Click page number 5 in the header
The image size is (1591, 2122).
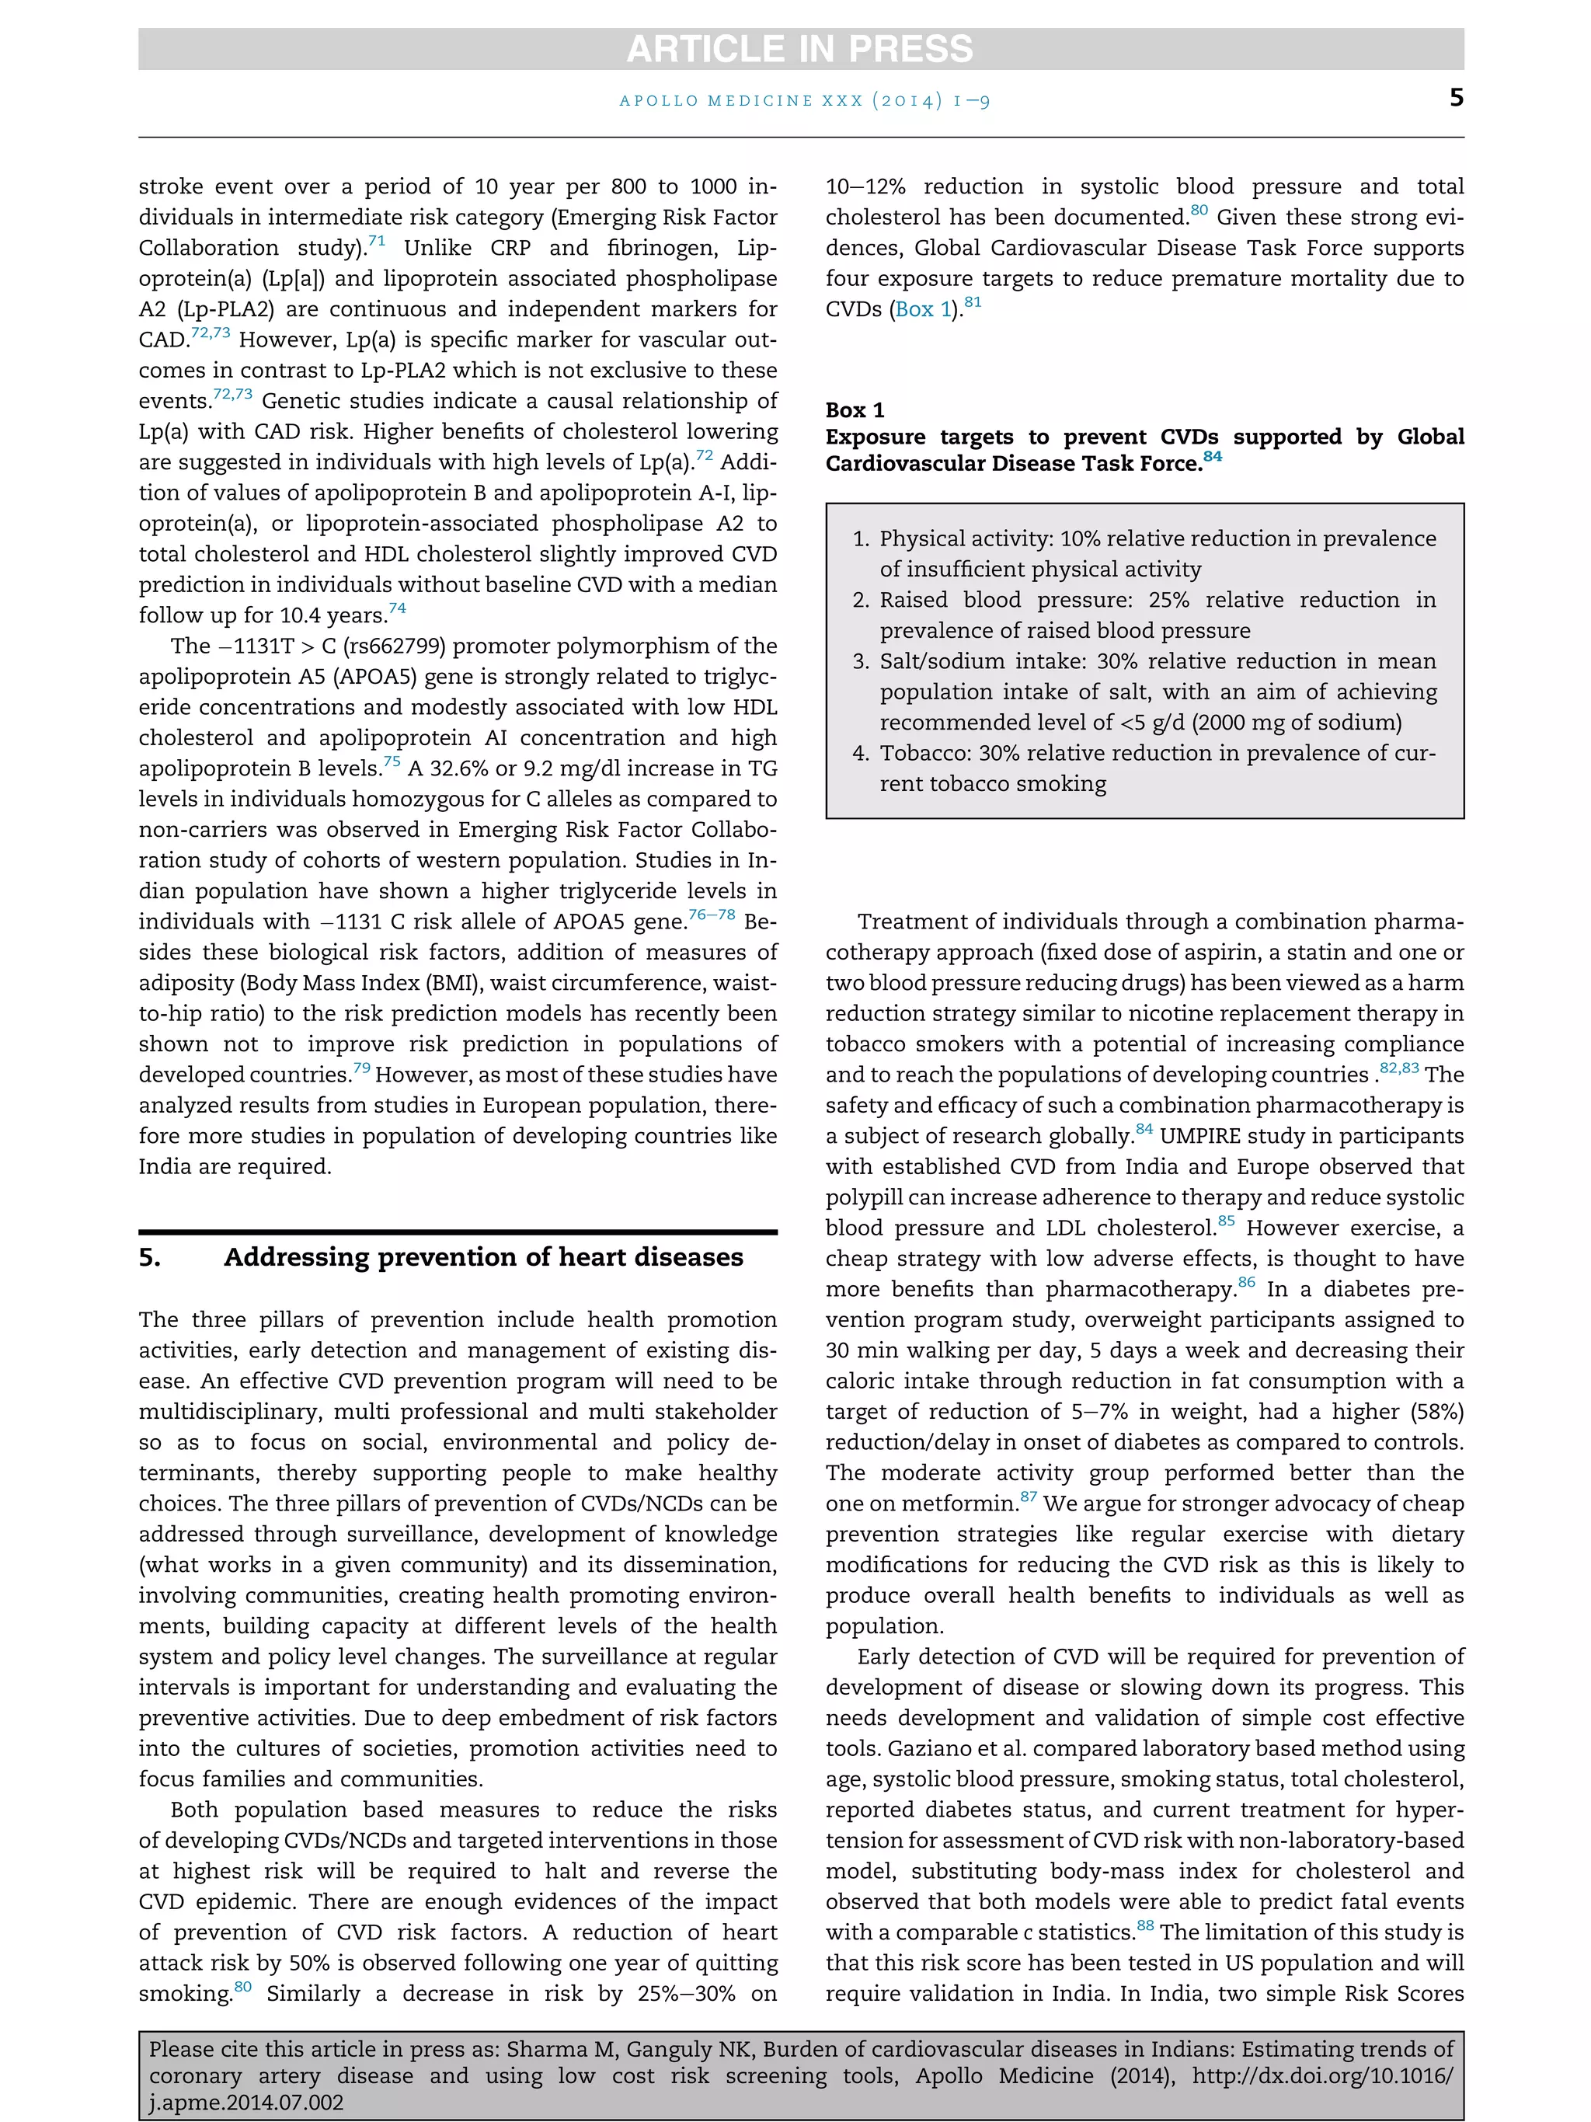1456,98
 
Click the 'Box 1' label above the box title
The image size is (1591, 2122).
855,410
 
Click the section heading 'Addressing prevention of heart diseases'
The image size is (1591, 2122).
483,1258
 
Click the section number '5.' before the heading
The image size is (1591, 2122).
150,1258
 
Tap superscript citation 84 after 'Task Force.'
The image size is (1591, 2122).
1213,457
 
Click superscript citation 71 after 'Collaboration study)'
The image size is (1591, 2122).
376,242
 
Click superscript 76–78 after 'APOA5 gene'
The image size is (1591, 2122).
712,915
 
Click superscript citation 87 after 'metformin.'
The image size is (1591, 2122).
1028,1497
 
